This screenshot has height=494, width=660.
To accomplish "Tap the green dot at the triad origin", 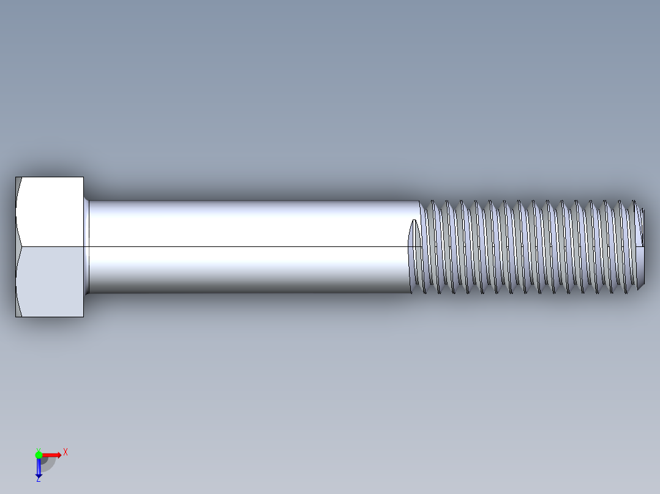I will click(39, 454).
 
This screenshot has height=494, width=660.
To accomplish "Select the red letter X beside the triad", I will click(66, 452).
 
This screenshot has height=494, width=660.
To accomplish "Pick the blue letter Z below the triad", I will click(38, 480).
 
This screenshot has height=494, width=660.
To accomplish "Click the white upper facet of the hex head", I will click(52, 212).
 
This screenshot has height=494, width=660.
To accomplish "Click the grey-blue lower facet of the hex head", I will click(52, 281).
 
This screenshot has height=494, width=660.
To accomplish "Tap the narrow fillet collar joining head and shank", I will click(86, 246).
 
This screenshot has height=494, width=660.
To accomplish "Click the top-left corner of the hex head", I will click(16, 177).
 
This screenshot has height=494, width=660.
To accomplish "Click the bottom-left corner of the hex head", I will click(16, 316).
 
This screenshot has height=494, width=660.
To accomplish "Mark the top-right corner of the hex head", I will click(83, 177).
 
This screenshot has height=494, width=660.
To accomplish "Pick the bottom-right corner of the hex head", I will click(83, 316).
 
